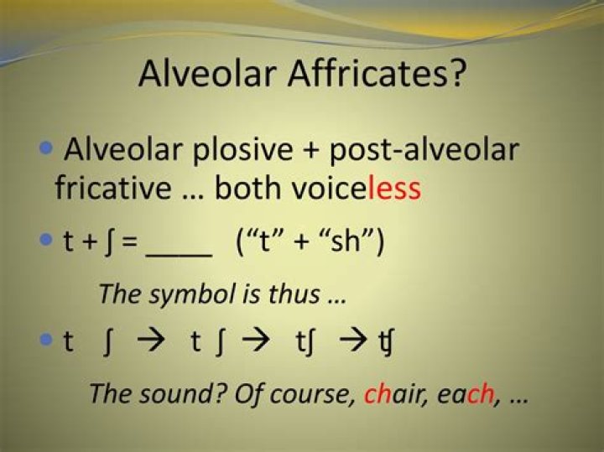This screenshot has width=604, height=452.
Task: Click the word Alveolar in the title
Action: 206,74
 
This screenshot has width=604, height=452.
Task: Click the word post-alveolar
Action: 424,151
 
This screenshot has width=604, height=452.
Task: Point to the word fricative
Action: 111,188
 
